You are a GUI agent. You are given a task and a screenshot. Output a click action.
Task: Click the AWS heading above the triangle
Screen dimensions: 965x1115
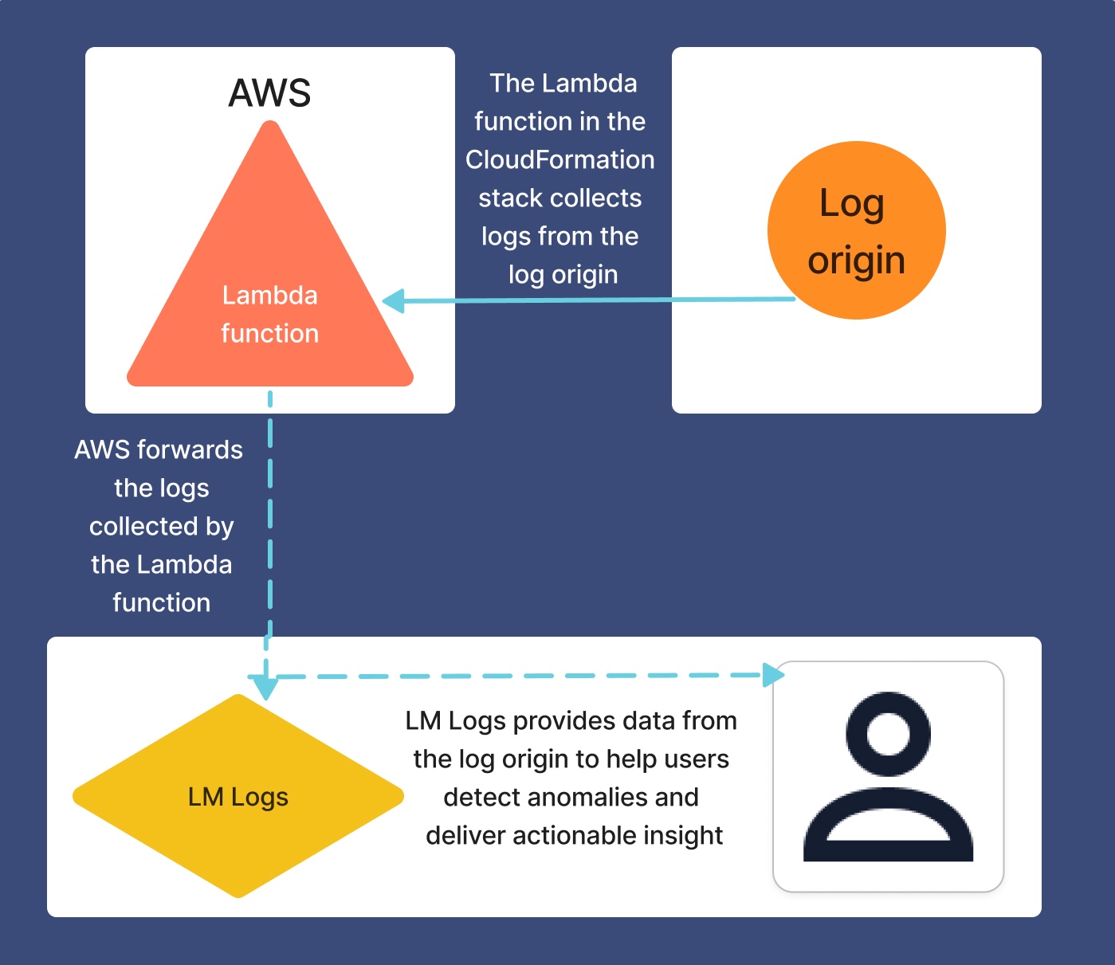pyautogui.click(x=269, y=93)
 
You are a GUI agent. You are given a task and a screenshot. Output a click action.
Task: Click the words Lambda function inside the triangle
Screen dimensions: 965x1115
pyautogui.click(x=269, y=314)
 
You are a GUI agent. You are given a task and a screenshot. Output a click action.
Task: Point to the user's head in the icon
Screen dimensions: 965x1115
pyautogui.click(x=888, y=733)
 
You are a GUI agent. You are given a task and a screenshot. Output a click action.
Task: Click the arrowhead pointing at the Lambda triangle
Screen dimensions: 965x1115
pyautogui.click(x=393, y=301)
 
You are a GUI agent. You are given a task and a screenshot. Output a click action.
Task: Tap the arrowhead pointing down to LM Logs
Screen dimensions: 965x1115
pyautogui.click(x=265, y=687)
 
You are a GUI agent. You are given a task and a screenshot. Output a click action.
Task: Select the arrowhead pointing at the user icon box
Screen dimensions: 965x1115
pyautogui.click(x=774, y=675)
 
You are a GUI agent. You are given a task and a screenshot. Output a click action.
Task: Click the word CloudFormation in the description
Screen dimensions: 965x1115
pyautogui.click(x=559, y=159)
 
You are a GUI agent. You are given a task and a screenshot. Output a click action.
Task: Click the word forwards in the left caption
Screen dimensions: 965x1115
pyautogui.click(x=190, y=449)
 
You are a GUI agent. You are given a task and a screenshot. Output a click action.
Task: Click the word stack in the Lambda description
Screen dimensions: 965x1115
pyautogui.click(x=509, y=198)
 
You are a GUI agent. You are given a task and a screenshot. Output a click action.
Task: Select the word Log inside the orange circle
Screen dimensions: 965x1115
pyautogui.click(x=851, y=203)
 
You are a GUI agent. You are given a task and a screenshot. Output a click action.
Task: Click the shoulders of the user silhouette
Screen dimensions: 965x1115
pyautogui.click(x=888, y=829)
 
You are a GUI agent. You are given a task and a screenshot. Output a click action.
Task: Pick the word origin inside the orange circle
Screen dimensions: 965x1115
pyautogui.click(x=856, y=261)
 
